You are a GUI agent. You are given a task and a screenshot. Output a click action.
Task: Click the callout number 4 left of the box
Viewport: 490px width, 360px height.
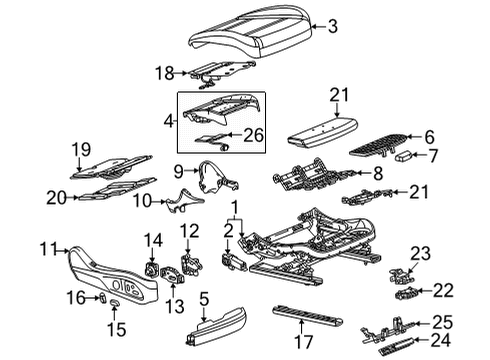(x=168, y=121)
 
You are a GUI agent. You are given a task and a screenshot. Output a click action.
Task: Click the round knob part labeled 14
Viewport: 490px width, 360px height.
(x=153, y=267)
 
